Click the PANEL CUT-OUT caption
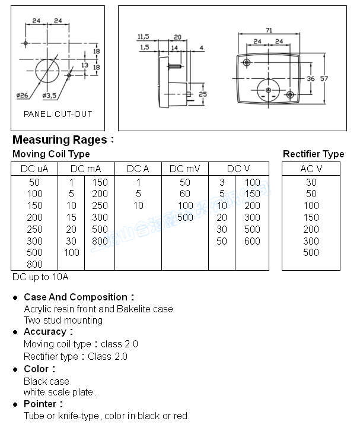(x=58, y=114)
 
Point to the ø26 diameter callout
(x=22, y=96)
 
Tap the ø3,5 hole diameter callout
(x=50, y=96)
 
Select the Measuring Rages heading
(x=60, y=140)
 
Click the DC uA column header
(x=34, y=169)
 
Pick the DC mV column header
(x=185, y=169)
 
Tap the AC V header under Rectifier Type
(x=311, y=169)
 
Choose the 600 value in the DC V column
(x=252, y=241)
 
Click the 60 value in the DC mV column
(x=185, y=194)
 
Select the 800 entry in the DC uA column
(x=34, y=264)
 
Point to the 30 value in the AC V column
(x=311, y=182)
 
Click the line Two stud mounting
(x=63, y=321)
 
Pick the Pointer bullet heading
(x=43, y=404)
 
